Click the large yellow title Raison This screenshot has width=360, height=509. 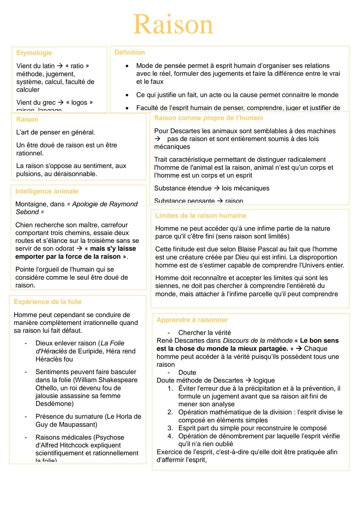point(173,24)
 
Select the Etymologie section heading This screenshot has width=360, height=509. point(34,53)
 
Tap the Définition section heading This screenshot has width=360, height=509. point(130,52)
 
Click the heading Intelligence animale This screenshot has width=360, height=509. point(47,191)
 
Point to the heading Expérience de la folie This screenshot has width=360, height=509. point(48,302)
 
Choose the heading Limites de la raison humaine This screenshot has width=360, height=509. point(201,215)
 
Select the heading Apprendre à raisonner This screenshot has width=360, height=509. point(192,320)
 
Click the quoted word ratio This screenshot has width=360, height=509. point(77,66)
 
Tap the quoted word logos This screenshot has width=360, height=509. point(79,102)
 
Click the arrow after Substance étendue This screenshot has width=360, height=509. point(217,188)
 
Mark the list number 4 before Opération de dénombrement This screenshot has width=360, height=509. point(170,436)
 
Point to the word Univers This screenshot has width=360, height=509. point(312,265)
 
